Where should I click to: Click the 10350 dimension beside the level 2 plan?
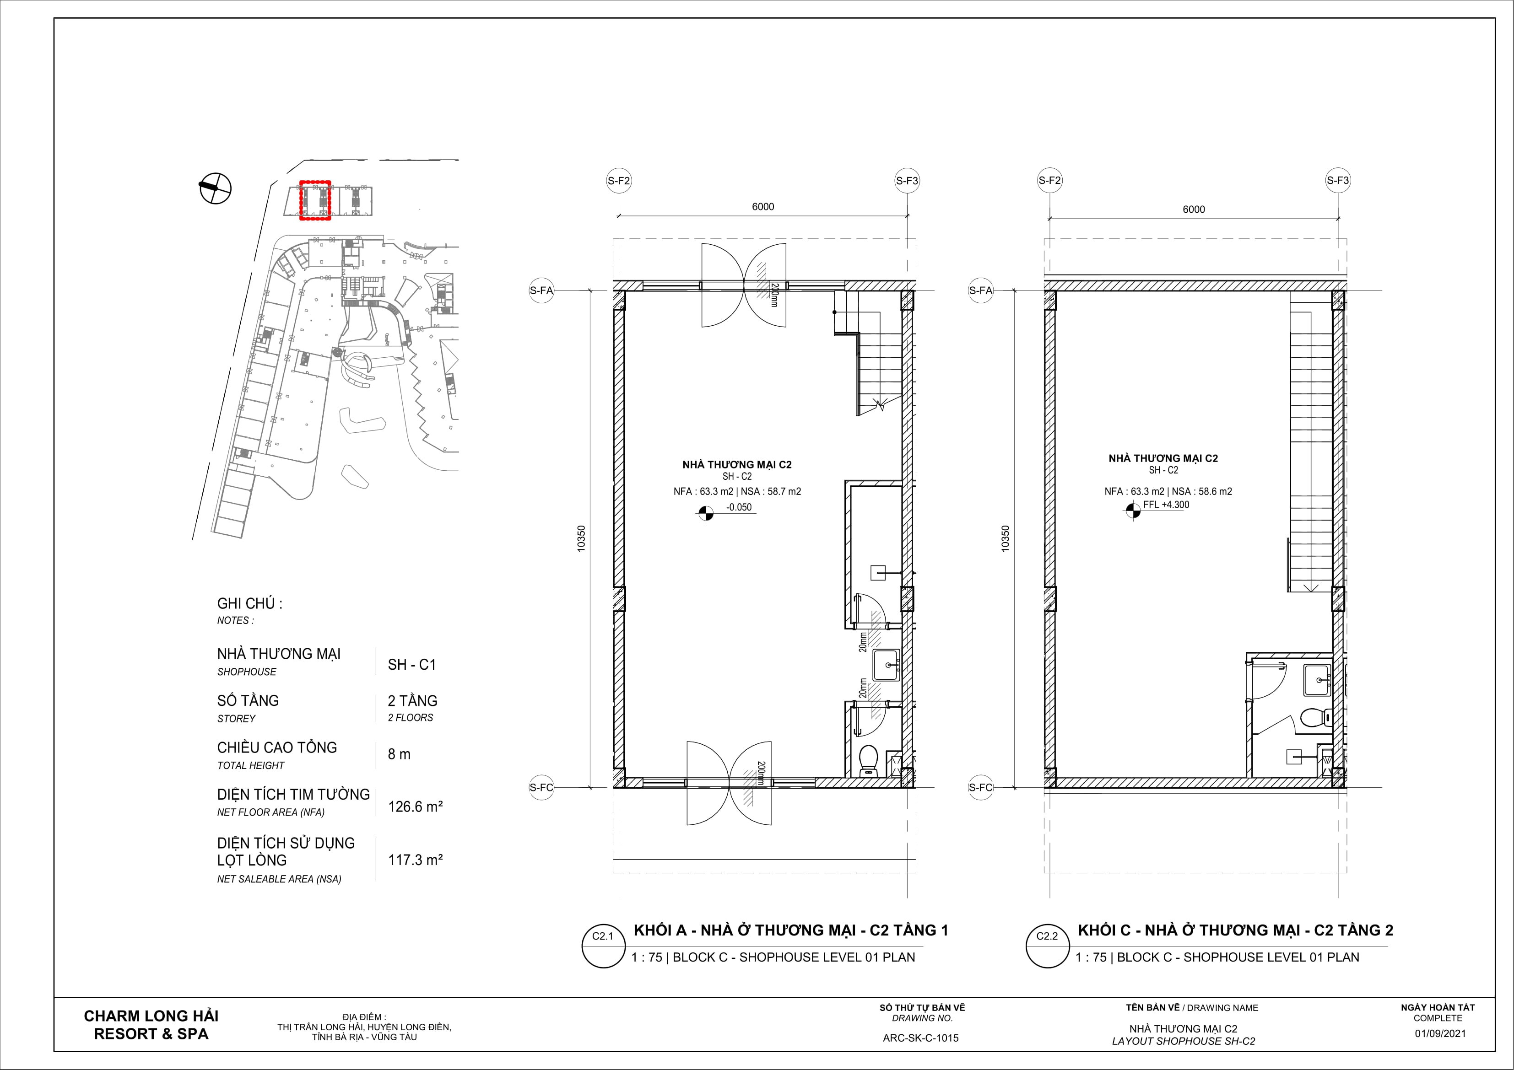pyautogui.click(x=1005, y=538)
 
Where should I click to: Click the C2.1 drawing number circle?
pyautogui.click(x=603, y=946)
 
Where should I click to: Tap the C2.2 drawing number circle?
pyautogui.click(x=1047, y=946)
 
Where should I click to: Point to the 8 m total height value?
pyautogui.click(x=399, y=754)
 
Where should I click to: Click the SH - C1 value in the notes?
pyautogui.click(x=412, y=665)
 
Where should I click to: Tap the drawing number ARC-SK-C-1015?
pyautogui.click(x=920, y=1038)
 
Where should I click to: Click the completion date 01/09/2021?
pyautogui.click(x=1440, y=1033)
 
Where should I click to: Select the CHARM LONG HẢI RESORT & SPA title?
pyautogui.click(x=151, y=1025)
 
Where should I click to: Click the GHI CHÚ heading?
pyautogui.click(x=249, y=603)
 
